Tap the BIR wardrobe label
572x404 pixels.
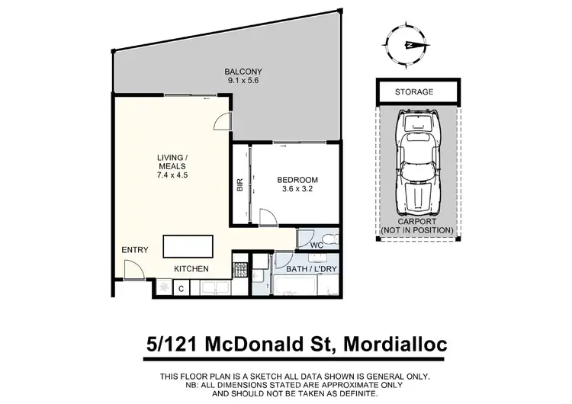click(x=239, y=186)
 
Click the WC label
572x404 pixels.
click(x=317, y=245)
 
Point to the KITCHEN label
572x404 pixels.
click(x=191, y=269)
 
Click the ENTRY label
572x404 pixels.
click(x=134, y=250)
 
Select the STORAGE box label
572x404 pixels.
click(x=414, y=92)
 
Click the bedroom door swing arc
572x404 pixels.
click(x=268, y=218)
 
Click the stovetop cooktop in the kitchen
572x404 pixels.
click(x=239, y=270)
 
